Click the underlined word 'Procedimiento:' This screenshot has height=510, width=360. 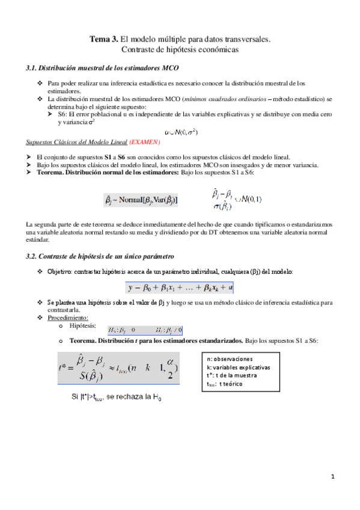pos(68,317)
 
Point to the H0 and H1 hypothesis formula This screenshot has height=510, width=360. pos(145,330)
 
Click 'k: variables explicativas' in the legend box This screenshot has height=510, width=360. pos(238,367)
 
